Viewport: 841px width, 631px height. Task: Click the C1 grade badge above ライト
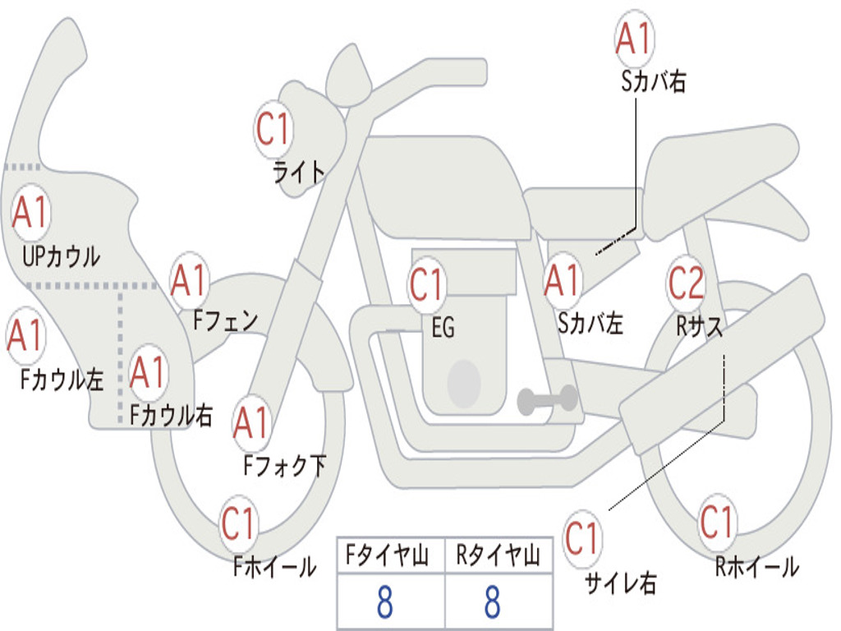tap(273, 129)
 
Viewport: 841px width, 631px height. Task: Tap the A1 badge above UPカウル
tap(30, 212)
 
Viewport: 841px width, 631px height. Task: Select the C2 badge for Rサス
tap(686, 283)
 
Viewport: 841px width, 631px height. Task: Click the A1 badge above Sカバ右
tap(635, 39)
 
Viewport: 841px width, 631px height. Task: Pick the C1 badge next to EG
tap(427, 283)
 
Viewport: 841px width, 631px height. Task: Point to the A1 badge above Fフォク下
tap(252, 423)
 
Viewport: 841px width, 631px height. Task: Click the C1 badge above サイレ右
tap(582, 537)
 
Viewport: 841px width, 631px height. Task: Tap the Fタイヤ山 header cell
tap(391, 555)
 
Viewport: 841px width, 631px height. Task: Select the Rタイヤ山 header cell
tap(499, 555)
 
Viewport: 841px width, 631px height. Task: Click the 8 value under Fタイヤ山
tap(385, 602)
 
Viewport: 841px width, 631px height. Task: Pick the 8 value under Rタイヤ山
tap(493, 602)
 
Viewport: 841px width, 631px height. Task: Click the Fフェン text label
tap(225, 321)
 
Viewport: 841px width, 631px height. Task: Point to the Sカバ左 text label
tap(590, 324)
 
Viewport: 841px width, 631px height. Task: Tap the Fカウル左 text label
tap(62, 379)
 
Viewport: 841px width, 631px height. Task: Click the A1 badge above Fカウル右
tap(148, 372)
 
